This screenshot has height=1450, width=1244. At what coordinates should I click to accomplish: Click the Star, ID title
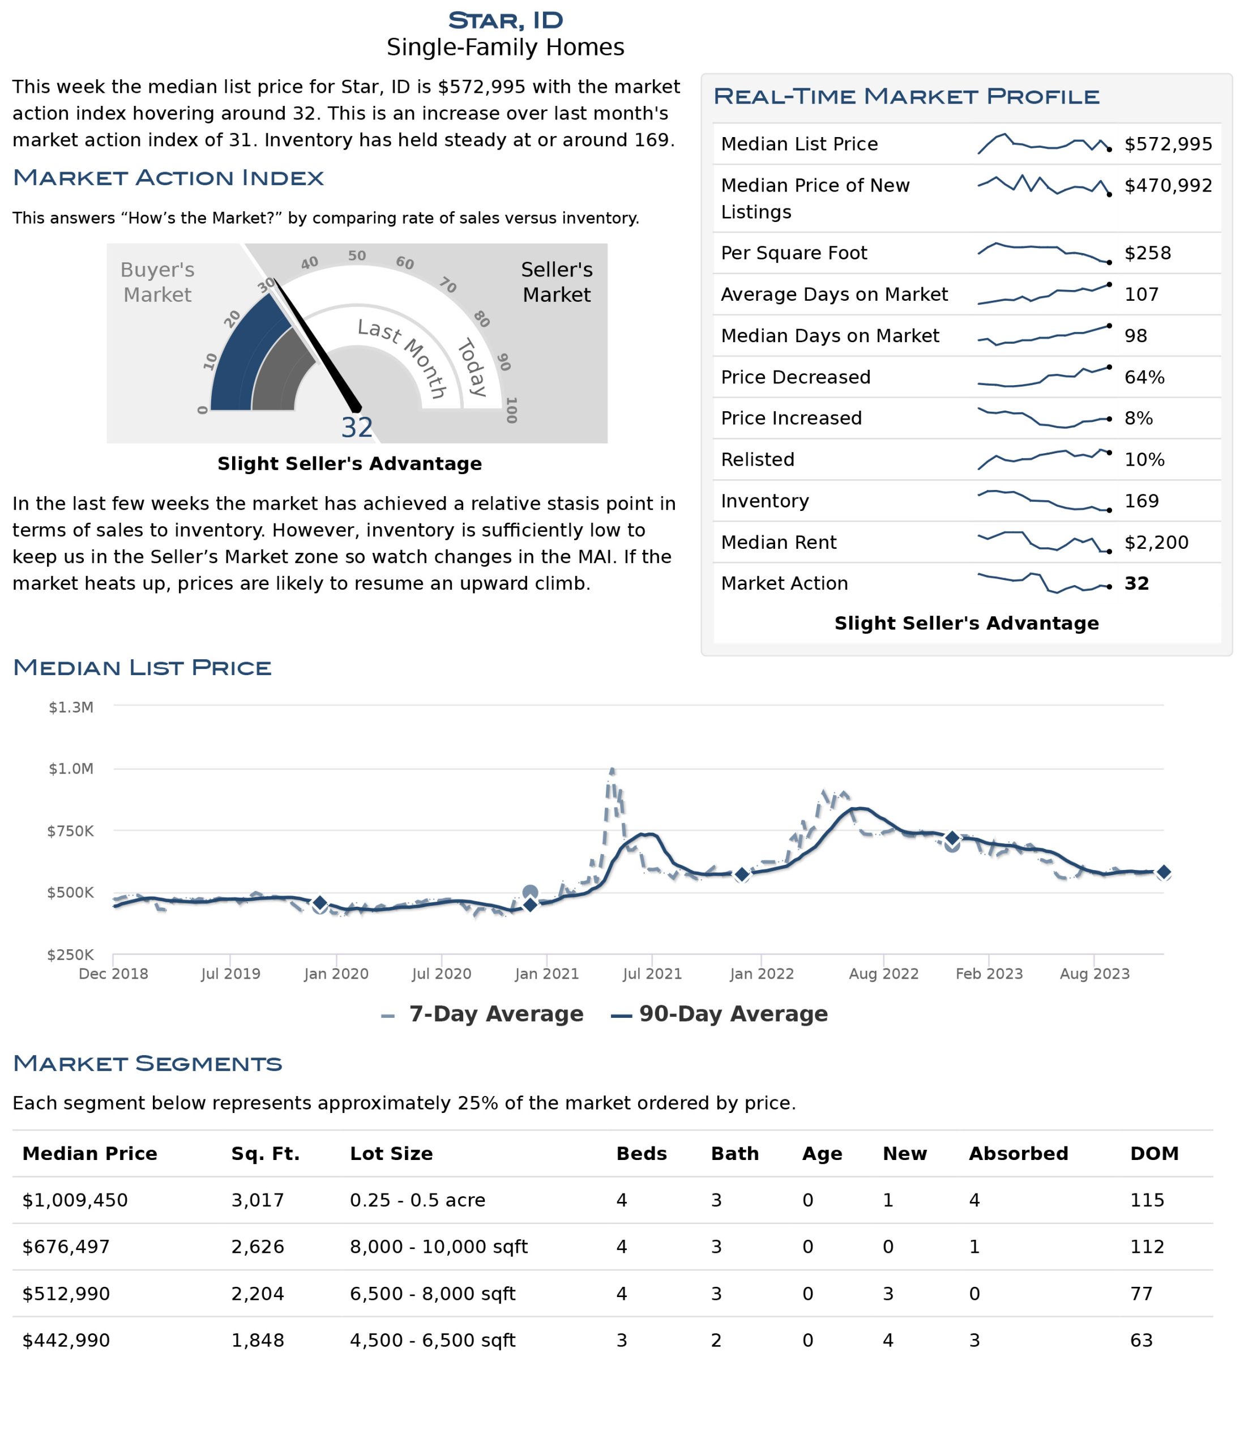(x=505, y=20)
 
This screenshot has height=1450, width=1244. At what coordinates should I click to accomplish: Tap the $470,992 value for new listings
(x=1168, y=185)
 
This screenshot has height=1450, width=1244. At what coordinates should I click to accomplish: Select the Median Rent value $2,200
(x=1156, y=543)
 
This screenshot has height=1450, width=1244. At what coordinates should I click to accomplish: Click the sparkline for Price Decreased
(x=1043, y=377)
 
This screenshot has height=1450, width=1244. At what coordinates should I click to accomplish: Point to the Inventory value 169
(x=1141, y=501)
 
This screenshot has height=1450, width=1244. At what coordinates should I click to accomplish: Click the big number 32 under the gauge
(x=357, y=428)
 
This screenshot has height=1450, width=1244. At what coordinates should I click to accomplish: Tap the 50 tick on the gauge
(x=357, y=255)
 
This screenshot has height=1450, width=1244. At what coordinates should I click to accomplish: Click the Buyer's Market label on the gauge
(x=157, y=282)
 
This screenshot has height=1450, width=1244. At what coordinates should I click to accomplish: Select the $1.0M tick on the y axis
(x=71, y=769)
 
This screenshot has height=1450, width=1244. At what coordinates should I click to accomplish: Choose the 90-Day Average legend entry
(x=719, y=1014)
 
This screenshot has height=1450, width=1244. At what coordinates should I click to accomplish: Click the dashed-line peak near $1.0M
(x=612, y=769)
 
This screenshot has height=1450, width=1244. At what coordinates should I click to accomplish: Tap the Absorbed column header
(x=1018, y=1154)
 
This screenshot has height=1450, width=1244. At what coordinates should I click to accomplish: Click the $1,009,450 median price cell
(x=75, y=1201)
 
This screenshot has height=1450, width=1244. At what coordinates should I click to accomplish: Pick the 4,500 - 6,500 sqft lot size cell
(x=433, y=1341)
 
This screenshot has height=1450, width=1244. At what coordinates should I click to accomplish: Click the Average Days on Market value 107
(x=1141, y=295)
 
